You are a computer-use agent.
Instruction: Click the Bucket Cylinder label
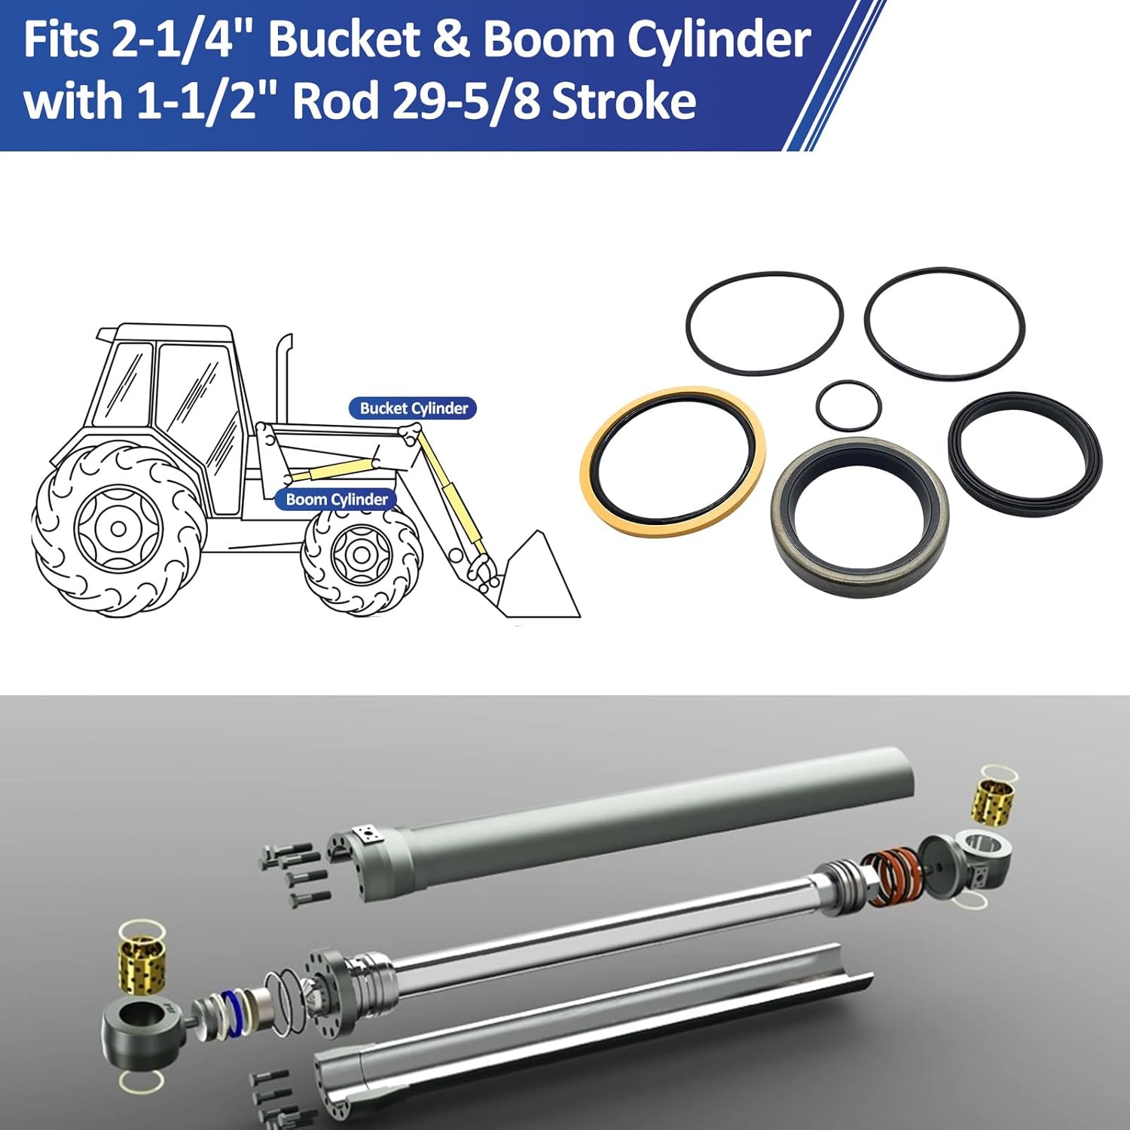tap(413, 408)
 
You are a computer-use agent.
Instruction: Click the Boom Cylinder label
tap(336, 499)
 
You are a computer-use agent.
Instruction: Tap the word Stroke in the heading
tap(624, 102)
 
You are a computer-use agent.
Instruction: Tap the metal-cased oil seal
tap(859, 516)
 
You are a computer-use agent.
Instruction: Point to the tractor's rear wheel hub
tap(118, 527)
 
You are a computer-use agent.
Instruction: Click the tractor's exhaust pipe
tap(284, 377)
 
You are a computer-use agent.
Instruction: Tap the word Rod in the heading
tap(334, 102)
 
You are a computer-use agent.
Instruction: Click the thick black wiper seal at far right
tap(1025, 448)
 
